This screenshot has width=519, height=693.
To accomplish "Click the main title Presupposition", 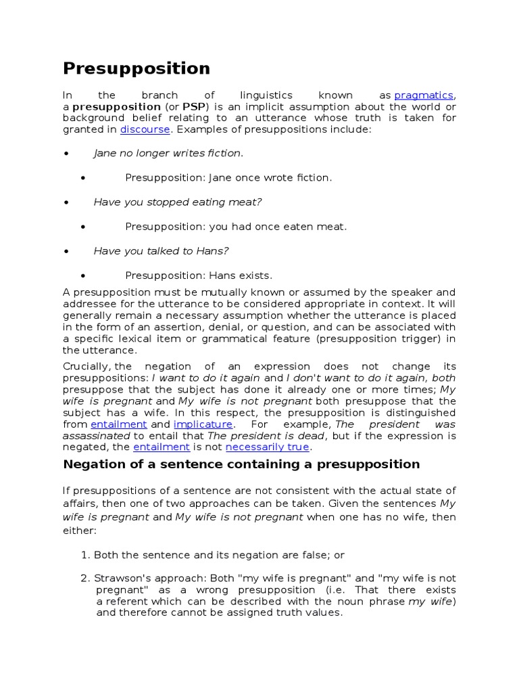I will pyautogui.click(x=136, y=68).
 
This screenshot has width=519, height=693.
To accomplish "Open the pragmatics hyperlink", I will pyautogui.click(x=424, y=95).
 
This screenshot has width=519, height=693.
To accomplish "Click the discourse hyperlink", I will pyautogui.click(x=145, y=129).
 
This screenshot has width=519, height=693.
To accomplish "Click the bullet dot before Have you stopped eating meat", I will pyautogui.click(x=66, y=202).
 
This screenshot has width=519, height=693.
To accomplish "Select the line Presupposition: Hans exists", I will pyautogui.click(x=199, y=275).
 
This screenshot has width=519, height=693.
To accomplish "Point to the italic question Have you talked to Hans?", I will pyautogui.click(x=161, y=251).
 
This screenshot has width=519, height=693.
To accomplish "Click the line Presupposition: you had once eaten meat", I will pyautogui.click(x=236, y=227).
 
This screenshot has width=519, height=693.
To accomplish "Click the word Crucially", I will pyautogui.click(x=86, y=366).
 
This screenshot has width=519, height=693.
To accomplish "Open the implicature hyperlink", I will pyautogui.click(x=203, y=424).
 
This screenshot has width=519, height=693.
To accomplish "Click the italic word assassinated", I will pyautogui.click(x=95, y=435).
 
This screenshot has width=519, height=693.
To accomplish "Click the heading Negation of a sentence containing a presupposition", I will pyautogui.click(x=241, y=464).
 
